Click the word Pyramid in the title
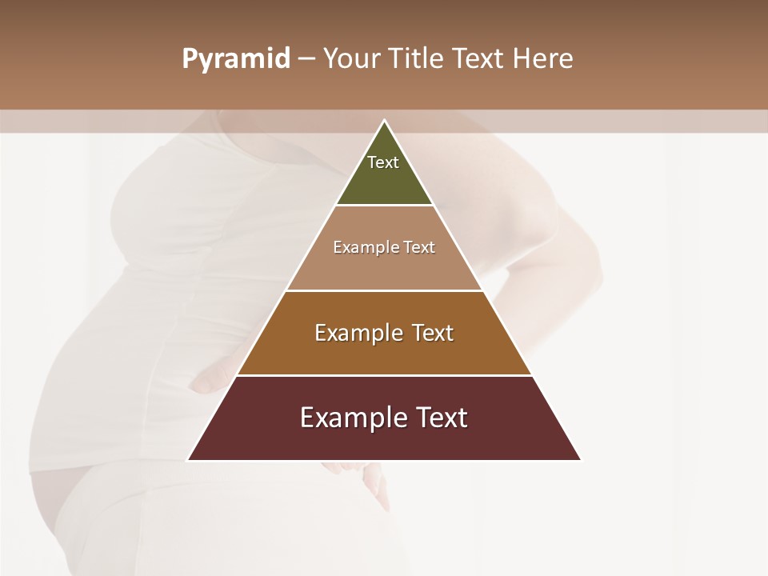(235, 59)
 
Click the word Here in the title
(543, 59)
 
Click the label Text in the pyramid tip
(383, 162)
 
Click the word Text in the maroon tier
(439, 418)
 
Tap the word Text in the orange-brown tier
(433, 333)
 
